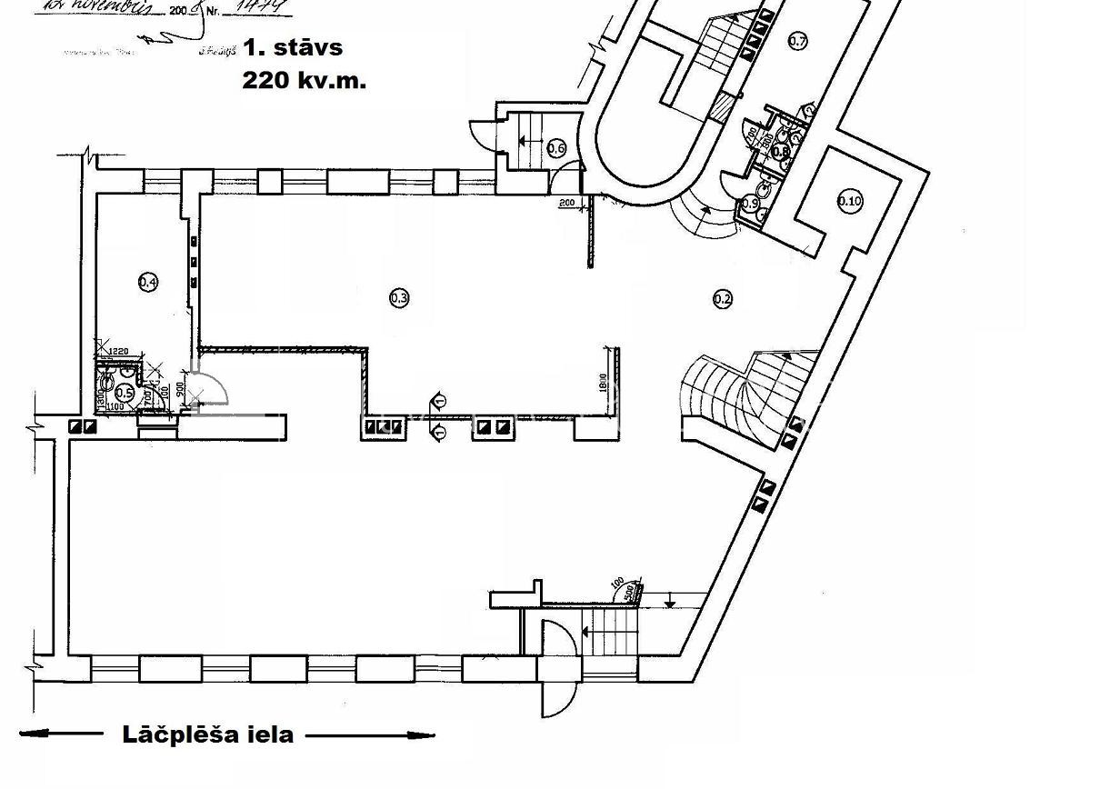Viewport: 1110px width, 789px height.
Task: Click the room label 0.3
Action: click(399, 297)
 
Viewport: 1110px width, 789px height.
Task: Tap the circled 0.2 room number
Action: click(723, 298)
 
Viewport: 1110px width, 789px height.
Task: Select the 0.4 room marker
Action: click(148, 283)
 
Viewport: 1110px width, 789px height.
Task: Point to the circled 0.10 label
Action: click(849, 202)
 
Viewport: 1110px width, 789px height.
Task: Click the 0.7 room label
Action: click(798, 40)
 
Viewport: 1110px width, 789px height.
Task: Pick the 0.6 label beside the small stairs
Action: click(557, 148)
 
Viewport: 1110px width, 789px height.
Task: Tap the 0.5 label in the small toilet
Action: click(125, 393)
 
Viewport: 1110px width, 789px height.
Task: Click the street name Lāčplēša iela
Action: click(208, 734)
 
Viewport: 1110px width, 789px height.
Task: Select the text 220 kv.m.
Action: click(305, 80)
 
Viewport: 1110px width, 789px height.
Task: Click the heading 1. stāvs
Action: click(293, 46)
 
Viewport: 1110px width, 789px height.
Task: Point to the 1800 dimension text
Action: click(603, 382)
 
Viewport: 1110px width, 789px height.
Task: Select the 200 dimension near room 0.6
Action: click(567, 202)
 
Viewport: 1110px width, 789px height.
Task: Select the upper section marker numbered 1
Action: click(440, 400)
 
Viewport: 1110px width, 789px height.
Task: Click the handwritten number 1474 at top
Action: click(261, 7)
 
